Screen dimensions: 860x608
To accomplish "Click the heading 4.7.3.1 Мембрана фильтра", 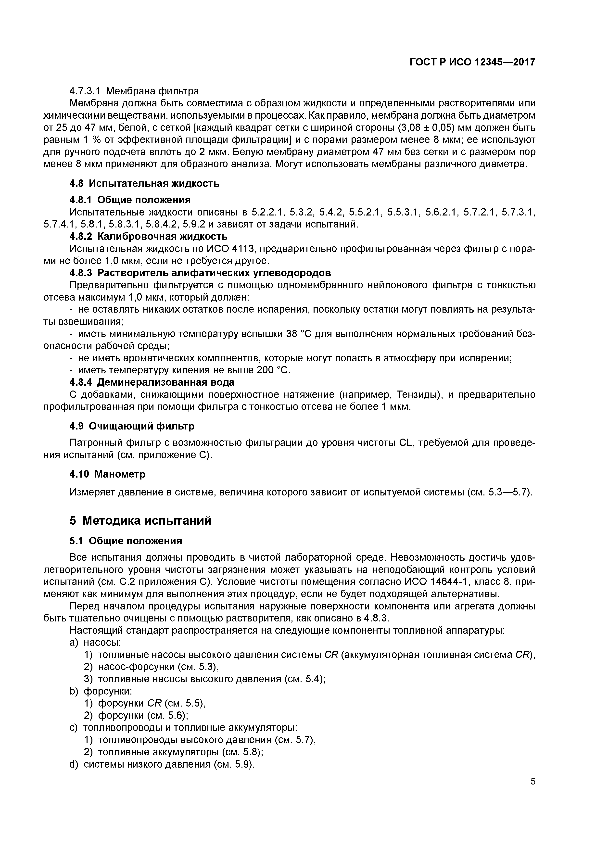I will point(134,91).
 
